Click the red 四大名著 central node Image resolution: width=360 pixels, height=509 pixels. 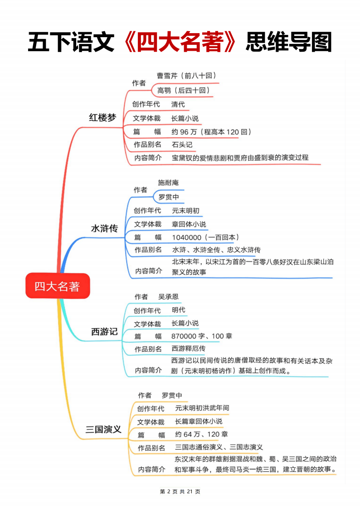coord(58,286)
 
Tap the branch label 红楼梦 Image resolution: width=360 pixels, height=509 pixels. coord(102,117)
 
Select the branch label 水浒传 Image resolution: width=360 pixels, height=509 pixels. coord(105,228)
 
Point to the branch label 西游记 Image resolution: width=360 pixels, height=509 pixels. coord(105,331)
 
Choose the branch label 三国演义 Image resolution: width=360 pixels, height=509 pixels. coord(103,430)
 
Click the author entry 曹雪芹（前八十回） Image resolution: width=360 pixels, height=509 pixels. coord(187,76)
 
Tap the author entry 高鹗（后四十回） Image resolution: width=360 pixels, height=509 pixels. coord(184,90)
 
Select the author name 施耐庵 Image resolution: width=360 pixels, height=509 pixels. coord(169,183)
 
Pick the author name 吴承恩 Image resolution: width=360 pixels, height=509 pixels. coord(169,297)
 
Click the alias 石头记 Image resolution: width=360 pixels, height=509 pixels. coord(182,145)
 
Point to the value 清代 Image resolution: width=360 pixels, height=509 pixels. coord(178,104)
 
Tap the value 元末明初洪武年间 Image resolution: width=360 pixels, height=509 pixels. coord(202,408)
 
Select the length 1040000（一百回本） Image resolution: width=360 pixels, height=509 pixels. coord(205,238)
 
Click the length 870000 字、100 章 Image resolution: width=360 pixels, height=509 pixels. coord(202,336)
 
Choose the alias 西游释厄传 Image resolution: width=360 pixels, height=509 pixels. coord(189,349)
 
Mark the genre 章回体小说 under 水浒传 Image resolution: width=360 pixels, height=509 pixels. coord(189,224)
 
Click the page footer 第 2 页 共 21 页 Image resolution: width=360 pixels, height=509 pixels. coord(180,491)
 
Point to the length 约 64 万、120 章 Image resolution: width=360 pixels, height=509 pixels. coord(202,434)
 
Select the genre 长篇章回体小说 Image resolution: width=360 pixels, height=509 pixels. coord(199,422)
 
